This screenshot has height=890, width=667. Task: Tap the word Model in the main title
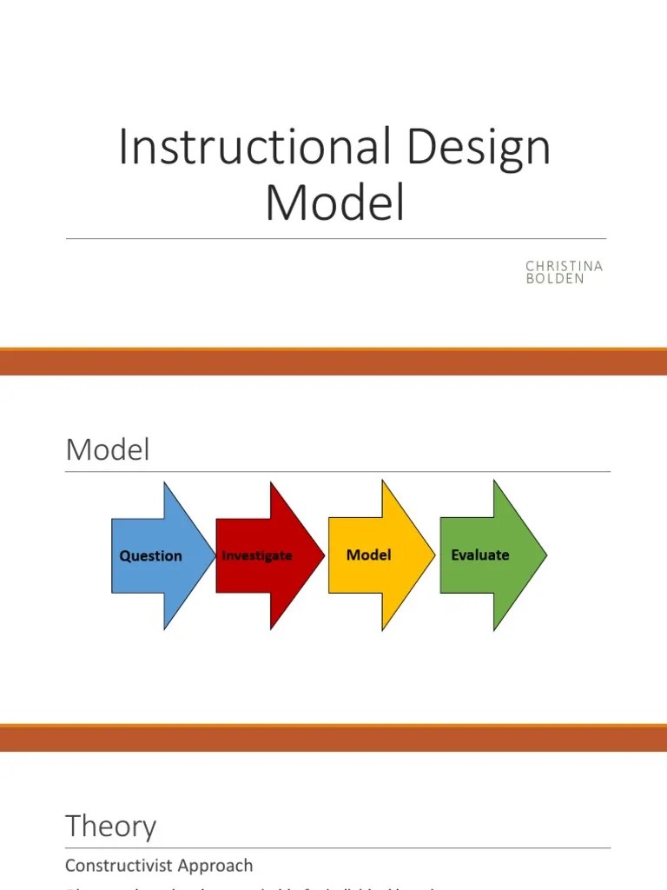coord(335,202)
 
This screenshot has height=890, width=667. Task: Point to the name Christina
coord(564,266)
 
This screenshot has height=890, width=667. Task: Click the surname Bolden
coord(555,279)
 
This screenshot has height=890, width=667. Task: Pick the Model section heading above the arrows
coord(108,449)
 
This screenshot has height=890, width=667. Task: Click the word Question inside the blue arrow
coord(150,555)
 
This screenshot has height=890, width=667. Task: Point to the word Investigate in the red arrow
coord(257,555)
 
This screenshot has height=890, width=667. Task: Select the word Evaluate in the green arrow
coord(479,555)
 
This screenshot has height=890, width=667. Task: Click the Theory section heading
coord(110,826)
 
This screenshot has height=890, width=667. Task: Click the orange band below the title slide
coord(333,362)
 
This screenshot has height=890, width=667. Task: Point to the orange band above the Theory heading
coord(333,737)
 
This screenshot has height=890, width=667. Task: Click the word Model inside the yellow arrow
coord(368,555)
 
